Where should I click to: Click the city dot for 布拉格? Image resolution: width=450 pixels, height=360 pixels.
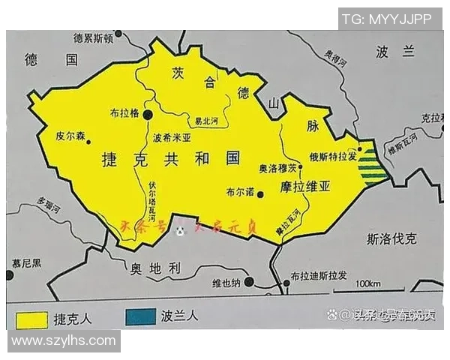[x=148, y=113]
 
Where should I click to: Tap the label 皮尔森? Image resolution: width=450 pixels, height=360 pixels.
[x=71, y=136]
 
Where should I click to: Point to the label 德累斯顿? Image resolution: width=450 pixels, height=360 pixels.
[x=93, y=38]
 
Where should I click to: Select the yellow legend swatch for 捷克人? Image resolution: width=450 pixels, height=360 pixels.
[x=28, y=317]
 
